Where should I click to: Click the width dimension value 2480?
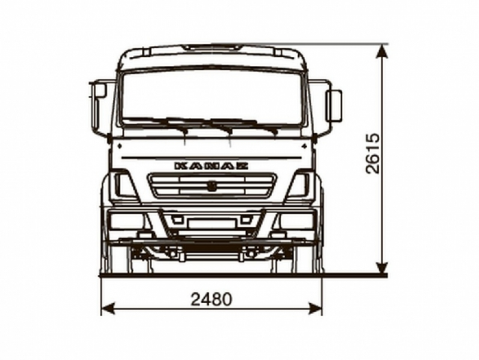[x=211, y=298]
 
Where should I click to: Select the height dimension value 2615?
[x=372, y=153]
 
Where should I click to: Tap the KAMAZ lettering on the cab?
[x=211, y=165]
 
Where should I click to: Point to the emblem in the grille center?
[x=211, y=186]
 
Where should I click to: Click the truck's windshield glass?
[x=212, y=96]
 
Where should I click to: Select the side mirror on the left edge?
[x=99, y=91]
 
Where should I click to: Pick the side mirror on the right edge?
[x=334, y=105]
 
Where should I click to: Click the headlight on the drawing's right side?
[x=299, y=186]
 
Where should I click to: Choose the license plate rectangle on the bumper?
[x=211, y=223]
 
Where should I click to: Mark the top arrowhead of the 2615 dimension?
[x=381, y=51]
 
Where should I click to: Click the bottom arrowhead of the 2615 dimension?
[x=381, y=268]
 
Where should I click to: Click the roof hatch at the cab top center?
[x=212, y=47]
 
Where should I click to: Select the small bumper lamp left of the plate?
[x=178, y=220]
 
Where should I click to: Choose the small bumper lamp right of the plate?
[x=245, y=220]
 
